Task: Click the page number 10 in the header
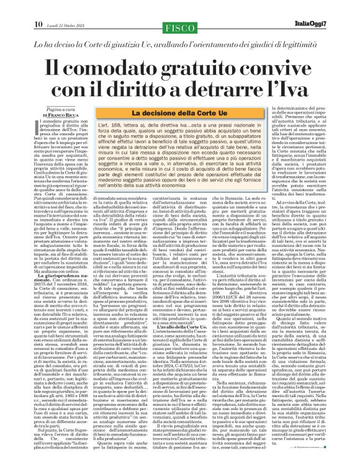pyautogui.click(x=11, y=7)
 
